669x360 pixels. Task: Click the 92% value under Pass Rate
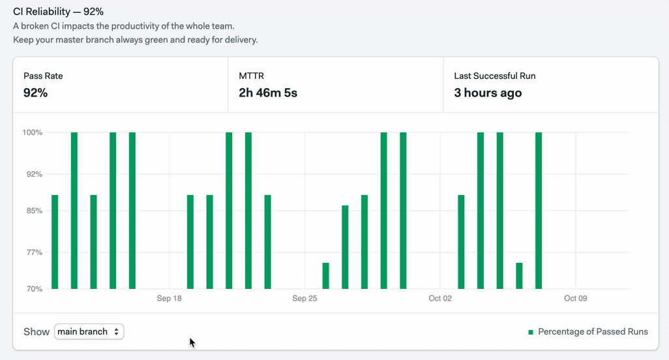tap(35, 93)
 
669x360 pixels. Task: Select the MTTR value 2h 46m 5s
tap(268, 93)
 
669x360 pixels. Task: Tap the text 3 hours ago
tap(488, 93)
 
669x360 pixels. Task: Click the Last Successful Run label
tap(494, 76)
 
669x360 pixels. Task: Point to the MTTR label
tap(251, 76)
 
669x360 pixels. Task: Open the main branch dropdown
tap(89, 331)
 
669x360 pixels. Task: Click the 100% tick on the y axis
tap(33, 132)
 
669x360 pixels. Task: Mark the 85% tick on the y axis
tap(34, 211)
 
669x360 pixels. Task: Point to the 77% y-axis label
tap(34, 252)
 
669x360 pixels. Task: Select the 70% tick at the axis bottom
tap(34, 289)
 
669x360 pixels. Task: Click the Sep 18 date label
tap(169, 298)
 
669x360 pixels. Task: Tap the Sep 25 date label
tap(305, 298)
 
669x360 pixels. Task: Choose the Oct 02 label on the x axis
tap(440, 298)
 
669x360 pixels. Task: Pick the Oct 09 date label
tap(576, 298)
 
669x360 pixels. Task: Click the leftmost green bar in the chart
tap(55, 242)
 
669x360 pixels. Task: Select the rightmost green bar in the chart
tap(539, 211)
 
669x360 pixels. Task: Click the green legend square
tap(531, 332)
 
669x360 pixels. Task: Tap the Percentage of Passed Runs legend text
tap(593, 332)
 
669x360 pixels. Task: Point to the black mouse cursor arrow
tap(192, 342)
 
